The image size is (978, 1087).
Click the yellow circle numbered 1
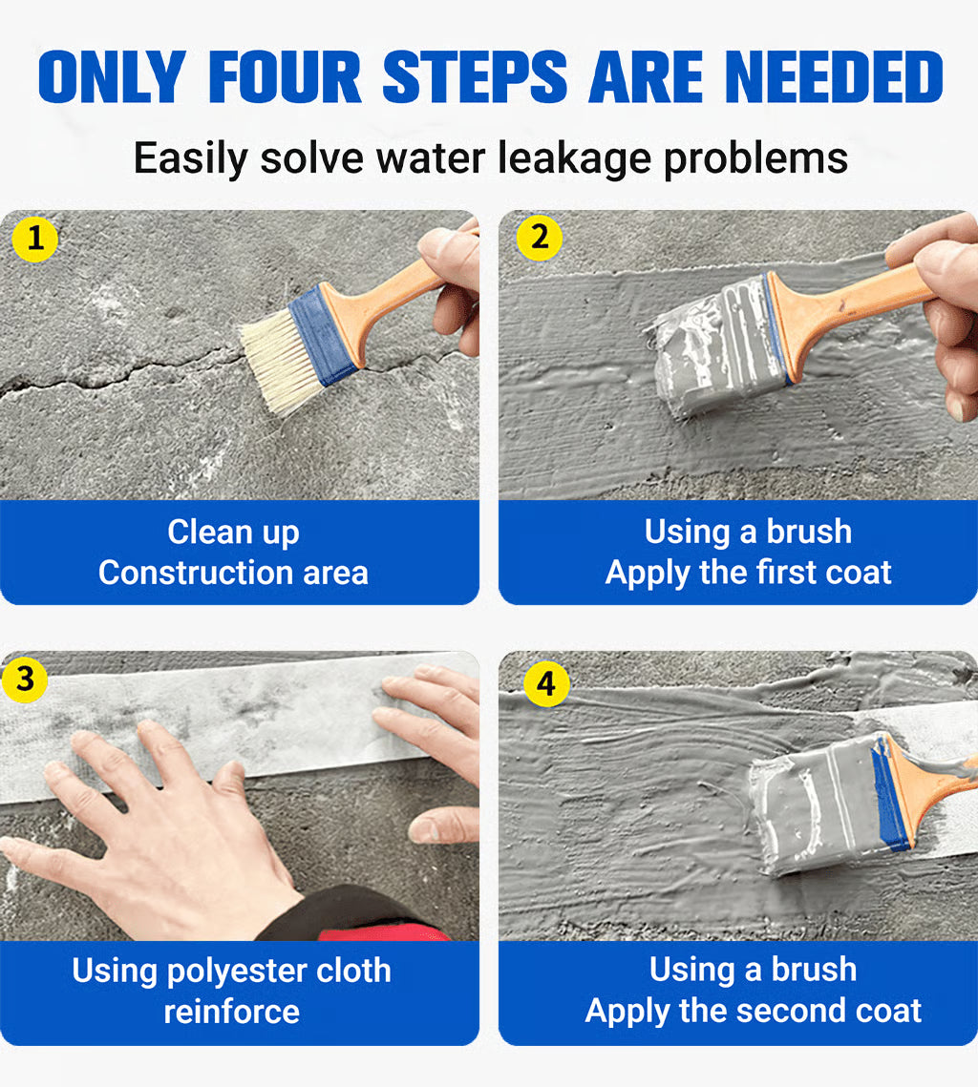tap(35, 240)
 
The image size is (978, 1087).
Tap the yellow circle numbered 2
tap(540, 238)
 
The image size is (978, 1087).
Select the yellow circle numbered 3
tap(26, 679)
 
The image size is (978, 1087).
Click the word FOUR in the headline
tap(285, 78)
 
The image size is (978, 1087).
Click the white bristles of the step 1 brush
tap(277, 358)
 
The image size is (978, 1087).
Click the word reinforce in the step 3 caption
tap(232, 1011)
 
